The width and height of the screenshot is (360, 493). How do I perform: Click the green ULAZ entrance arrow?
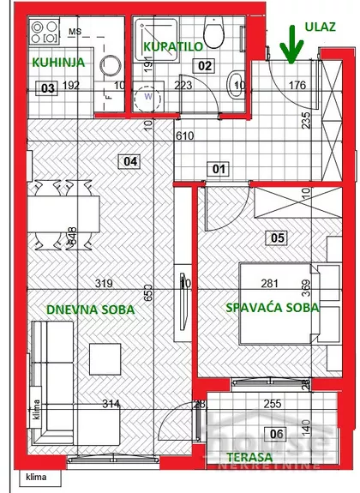[x=293, y=45]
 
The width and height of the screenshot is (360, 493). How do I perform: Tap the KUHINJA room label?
[x=58, y=63]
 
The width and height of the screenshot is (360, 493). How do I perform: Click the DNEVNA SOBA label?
[x=84, y=308]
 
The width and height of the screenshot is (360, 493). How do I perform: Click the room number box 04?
[x=130, y=159]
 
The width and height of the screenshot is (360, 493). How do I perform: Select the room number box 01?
[x=219, y=169]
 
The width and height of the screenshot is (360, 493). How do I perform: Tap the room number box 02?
[x=204, y=64]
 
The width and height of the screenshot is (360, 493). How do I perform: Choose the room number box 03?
[x=48, y=87]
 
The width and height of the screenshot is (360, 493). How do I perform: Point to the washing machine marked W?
[x=150, y=96]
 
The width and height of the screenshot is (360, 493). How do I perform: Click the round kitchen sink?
[x=109, y=66]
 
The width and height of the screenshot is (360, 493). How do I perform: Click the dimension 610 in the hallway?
[x=208, y=135]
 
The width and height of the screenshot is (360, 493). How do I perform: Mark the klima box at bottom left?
[x=36, y=477]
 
